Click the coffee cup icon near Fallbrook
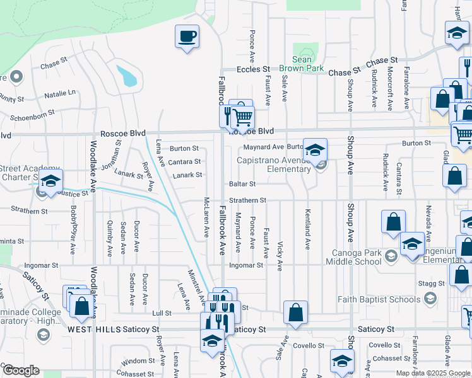187,36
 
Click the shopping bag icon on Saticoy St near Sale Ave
295,311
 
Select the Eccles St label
253,69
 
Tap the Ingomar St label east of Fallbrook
245,266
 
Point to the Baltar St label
242,184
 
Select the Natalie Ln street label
60,94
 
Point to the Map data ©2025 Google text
433,373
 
